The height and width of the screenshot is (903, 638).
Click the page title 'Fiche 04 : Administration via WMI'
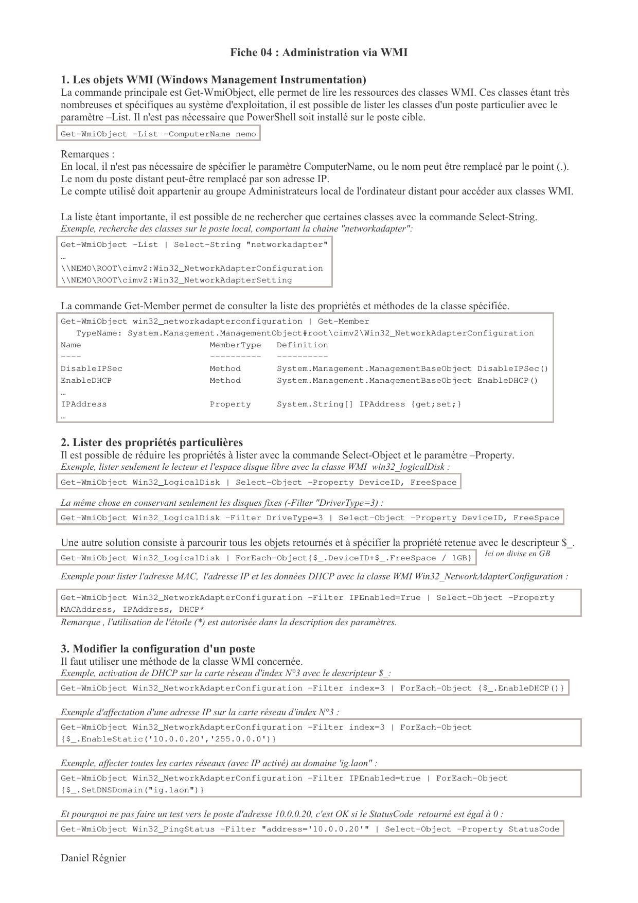point(318,52)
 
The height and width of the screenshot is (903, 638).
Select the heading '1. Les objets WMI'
point(213,80)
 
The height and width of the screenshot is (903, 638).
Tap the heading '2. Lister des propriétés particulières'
point(151,442)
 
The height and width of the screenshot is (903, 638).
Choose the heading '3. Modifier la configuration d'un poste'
point(157,649)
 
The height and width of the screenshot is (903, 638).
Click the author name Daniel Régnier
point(93,858)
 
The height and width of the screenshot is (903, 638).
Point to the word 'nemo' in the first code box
point(245,134)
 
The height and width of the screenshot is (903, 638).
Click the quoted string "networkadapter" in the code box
point(287,245)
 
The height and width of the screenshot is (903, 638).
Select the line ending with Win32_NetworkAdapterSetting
point(176,280)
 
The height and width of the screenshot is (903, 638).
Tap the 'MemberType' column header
point(235,345)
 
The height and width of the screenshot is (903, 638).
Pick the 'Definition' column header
point(302,345)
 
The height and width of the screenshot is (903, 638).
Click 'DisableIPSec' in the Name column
point(92,369)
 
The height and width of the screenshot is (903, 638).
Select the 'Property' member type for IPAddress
point(230,404)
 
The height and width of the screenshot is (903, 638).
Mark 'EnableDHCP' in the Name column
point(86,381)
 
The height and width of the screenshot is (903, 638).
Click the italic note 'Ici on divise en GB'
point(517,554)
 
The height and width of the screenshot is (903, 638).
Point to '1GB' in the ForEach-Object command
point(459,558)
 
